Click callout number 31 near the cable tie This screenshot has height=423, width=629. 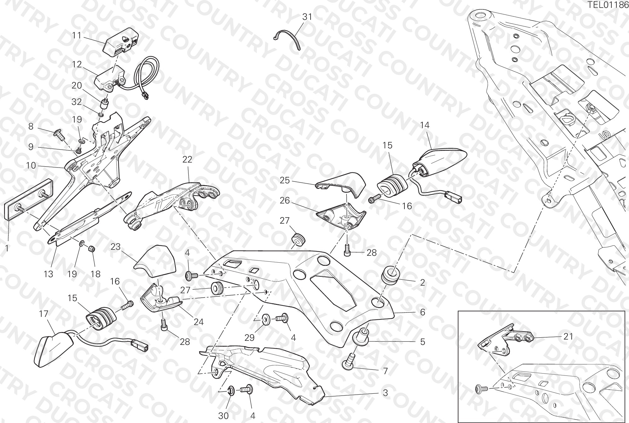tap(307, 17)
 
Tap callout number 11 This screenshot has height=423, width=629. tap(77, 35)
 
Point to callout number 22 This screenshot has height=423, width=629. tap(187, 159)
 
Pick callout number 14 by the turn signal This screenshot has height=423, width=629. tap(425, 125)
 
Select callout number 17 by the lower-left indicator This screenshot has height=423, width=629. tap(44, 314)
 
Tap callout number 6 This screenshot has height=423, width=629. tap(422, 312)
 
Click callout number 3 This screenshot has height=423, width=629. tap(385, 393)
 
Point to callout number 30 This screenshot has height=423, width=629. tap(223, 416)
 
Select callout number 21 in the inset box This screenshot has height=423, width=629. tap(568, 337)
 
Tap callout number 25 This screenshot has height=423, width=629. tap(285, 180)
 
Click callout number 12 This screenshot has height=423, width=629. tap(77, 65)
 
